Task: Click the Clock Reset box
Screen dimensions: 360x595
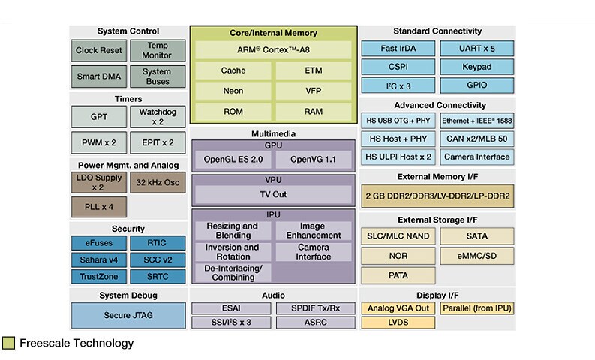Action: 98,52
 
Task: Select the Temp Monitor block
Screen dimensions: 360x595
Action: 158,52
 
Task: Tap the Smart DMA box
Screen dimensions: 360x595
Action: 98,76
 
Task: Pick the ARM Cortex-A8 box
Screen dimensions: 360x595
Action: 273,50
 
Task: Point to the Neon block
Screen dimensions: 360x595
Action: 233,90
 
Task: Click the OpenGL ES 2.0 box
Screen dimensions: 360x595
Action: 233,160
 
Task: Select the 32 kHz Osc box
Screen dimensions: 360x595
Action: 158,181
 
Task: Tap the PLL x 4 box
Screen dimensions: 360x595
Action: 98,205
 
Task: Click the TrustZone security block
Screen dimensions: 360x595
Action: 98,276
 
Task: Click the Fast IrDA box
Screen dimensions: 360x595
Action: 388,49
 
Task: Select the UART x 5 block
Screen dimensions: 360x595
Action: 476,49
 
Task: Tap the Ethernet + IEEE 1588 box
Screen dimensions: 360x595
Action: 476,121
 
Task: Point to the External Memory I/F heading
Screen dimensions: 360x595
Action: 438,177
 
